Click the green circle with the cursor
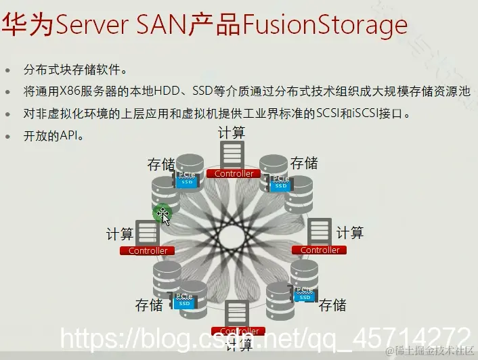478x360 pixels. [x=162, y=215]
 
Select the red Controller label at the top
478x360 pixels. [x=234, y=174]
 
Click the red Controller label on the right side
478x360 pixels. [x=320, y=250]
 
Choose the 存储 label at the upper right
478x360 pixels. [x=304, y=163]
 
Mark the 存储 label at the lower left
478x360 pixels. [x=149, y=305]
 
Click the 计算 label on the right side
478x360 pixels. [x=350, y=233]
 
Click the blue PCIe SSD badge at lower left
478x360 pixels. [x=183, y=300]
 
